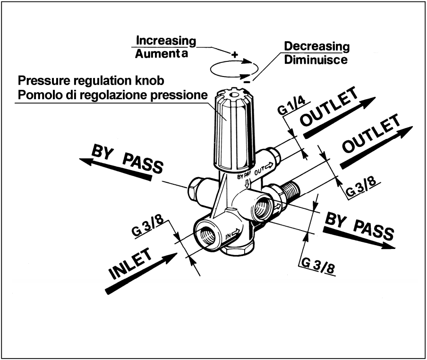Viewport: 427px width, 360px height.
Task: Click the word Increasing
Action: point(165,40)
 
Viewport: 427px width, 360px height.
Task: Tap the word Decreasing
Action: point(316,47)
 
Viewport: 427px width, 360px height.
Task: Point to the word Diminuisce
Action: point(316,60)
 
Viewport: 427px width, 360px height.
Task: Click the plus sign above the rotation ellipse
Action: point(234,54)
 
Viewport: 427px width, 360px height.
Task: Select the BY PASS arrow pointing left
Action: point(116,168)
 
